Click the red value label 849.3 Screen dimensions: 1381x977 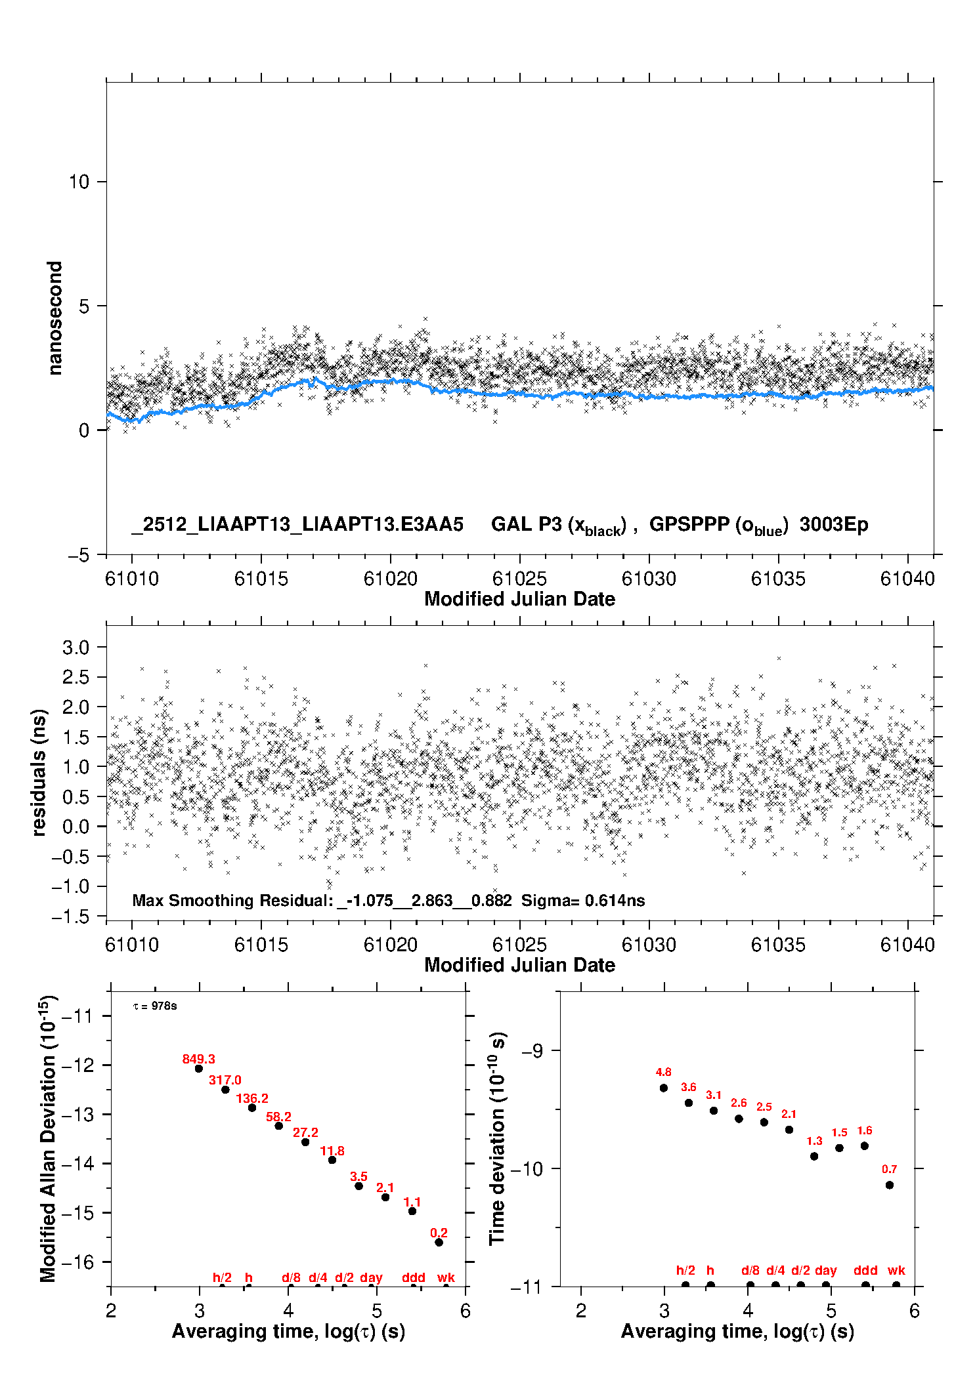[198, 1059]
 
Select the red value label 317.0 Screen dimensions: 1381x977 [225, 1080]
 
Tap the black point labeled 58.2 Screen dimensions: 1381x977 [278, 1126]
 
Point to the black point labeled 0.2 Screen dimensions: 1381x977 [439, 1242]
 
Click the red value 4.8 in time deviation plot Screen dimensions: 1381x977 [663, 1072]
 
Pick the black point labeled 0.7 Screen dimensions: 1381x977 [889, 1185]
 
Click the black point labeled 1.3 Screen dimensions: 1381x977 [814, 1156]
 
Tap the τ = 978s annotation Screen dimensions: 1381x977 [155, 1006]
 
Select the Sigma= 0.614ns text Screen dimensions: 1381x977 [583, 900]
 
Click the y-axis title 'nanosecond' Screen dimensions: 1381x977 [55, 318]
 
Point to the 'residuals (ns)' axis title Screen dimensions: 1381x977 [39, 772]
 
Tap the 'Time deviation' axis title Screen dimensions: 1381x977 [498, 1138]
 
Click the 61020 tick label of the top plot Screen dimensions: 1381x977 [391, 579]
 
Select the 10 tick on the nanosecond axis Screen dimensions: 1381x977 [79, 182]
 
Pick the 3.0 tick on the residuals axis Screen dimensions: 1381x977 [76, 648]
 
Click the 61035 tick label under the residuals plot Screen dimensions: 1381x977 [778, 945]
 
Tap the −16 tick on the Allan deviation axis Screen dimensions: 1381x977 [77, 1262]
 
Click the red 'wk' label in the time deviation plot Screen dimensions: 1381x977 [896, 1270]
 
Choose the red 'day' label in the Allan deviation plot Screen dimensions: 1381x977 [371, 1277]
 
